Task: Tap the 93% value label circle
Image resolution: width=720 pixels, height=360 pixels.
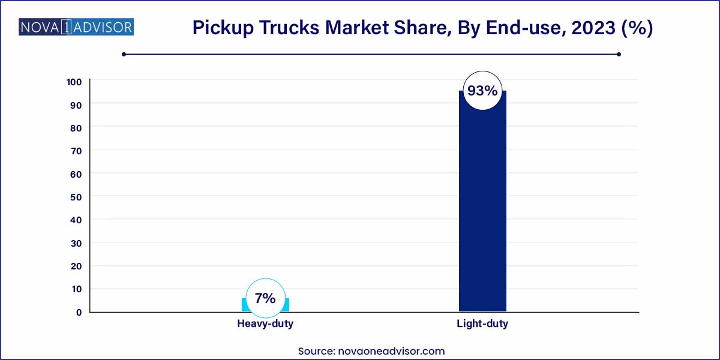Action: pyautogui.click(x=482, y=91)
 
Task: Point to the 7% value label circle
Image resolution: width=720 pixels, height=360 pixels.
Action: pyautogui.click(x=265, y=298)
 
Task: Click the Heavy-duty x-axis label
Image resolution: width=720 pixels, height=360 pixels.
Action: pyautogui.click(x=265, y=324)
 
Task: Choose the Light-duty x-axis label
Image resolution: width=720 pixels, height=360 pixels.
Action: pyautogui.click(x=482, y=324)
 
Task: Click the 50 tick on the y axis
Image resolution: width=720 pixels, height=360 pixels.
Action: pyautogui.click(x=76, y=197)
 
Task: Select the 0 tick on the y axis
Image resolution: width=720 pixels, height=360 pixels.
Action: pyautogui.click(x=79, y=312)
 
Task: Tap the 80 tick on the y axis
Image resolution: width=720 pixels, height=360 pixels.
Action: pyautogui.click(x=76, y=128)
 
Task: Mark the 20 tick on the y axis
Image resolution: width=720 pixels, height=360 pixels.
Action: pyautogui.click(x=76, y=266)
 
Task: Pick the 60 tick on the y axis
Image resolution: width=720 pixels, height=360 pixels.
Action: pyautogui.click(x=76, y=174)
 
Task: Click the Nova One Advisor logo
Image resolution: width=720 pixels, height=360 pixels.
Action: pyautogui.click(x=76, y=27)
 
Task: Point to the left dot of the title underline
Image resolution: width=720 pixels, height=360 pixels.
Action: pyautogui.click(x=124, y=55)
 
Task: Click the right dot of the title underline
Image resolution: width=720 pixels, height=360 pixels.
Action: pyautogui.click(x=619, y=55)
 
